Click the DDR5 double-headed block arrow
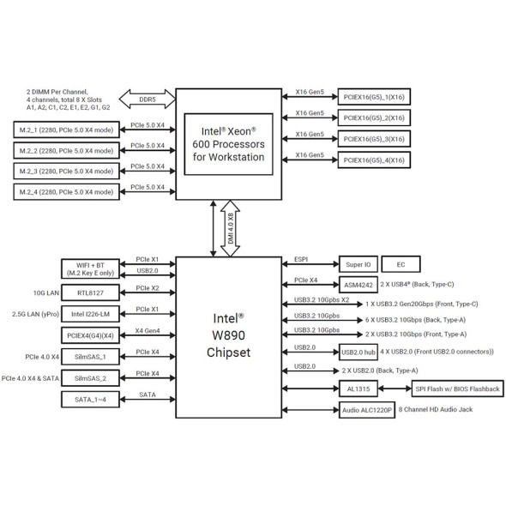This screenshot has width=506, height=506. (x=148, y=99)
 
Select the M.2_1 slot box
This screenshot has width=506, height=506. (x=67, y=130)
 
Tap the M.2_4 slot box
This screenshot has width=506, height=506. (x=67, y=192)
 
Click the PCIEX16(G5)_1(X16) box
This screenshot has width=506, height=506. (x=374, y=97)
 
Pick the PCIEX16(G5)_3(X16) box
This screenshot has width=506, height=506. (x=374, y=139)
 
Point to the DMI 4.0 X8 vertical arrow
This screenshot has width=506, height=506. (x=230, y=228)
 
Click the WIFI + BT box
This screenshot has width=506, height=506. (x=90, y=268)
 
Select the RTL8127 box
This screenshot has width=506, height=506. (x=90, y=292)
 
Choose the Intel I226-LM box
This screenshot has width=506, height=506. (x=90, y=314)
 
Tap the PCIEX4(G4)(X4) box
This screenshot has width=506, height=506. (x=90, y=335)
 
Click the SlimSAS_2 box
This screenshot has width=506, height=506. (x=90, y=378)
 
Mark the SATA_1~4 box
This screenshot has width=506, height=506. (x=90, y=400)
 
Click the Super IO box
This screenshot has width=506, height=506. (x=358, y=265)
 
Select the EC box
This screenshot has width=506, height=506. (x=401, y=265)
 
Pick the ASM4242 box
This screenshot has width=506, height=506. (x=358, y=285)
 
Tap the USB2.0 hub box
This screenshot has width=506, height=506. (x=358, y=352)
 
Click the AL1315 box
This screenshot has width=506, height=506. (x=358, y=389)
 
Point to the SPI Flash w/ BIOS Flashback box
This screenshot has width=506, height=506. (x=458, y=389)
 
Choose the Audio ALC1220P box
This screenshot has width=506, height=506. (x=367, y=410)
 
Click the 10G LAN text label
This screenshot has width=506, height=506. (x=46, y=293)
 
